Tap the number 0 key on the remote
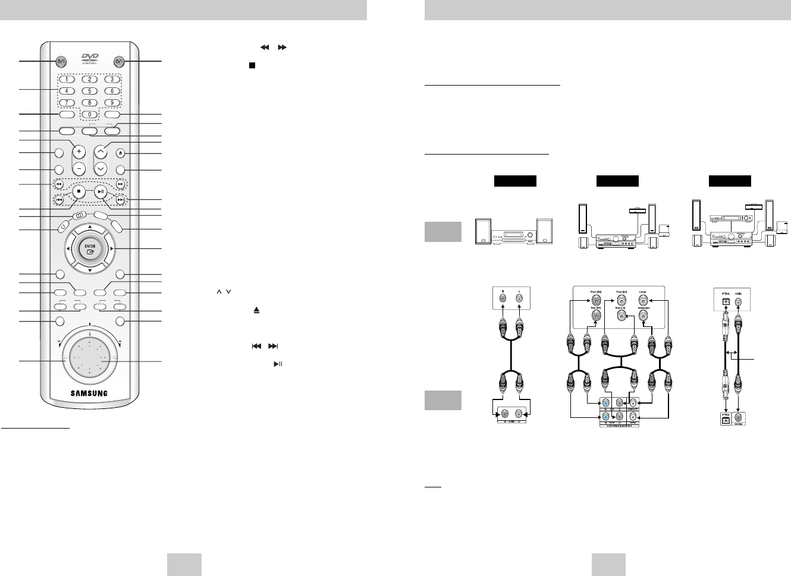[x=89, y=114]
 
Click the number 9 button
[x=112, y=103]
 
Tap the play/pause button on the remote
[x=101, y=191]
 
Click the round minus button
[x=78, y=168]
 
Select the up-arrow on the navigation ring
[x=89, y=227]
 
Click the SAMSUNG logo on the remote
[x=89, y=393]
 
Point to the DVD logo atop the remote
[x=89, y=59]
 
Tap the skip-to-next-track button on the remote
[x=121, y=200]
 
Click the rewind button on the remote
[x=59, y=184]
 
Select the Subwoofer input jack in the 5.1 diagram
[x=642, y=316]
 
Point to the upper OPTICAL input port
[x=725, y=301]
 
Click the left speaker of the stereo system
[x=483, y=232]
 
